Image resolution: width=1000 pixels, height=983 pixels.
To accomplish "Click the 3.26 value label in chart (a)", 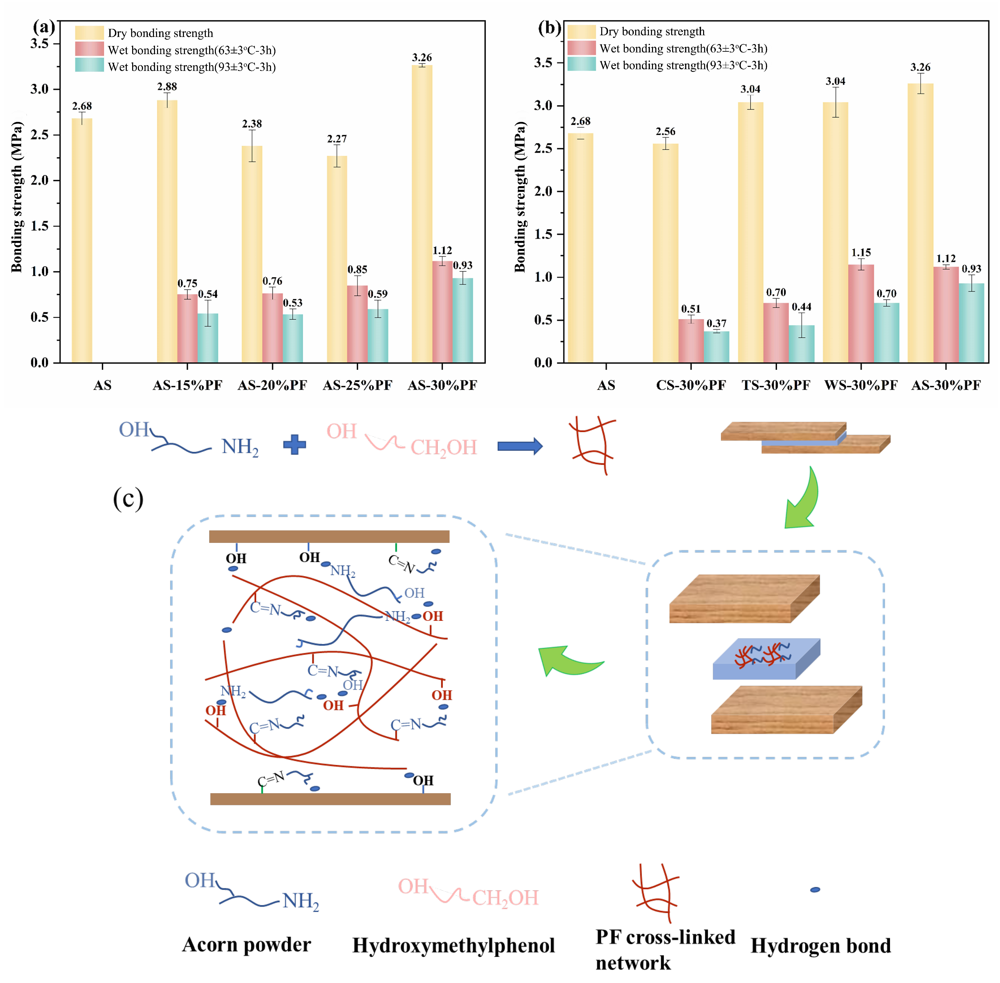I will pos(422,57).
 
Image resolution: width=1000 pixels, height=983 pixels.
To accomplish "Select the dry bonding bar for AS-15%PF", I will pos(167,232).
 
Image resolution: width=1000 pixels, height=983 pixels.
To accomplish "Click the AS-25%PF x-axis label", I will pos(357,385).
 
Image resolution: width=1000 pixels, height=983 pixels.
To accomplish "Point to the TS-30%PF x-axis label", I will pos(776,385).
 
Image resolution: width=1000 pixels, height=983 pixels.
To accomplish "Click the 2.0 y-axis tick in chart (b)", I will pos(543,191).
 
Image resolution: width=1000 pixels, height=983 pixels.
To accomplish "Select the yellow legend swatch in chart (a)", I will pos(89,33).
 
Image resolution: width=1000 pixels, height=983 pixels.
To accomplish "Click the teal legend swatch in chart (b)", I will pos(581,65).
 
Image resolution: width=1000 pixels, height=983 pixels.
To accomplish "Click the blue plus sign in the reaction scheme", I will pos(295,444).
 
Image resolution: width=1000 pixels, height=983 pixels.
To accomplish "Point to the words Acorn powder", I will pos(246,944).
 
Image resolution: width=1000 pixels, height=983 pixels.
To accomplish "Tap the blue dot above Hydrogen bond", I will pos(815,890).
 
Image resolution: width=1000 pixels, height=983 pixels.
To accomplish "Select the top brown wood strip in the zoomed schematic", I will pos(329,537).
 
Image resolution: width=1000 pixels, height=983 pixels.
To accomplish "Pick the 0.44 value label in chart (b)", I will pos(802,307).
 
